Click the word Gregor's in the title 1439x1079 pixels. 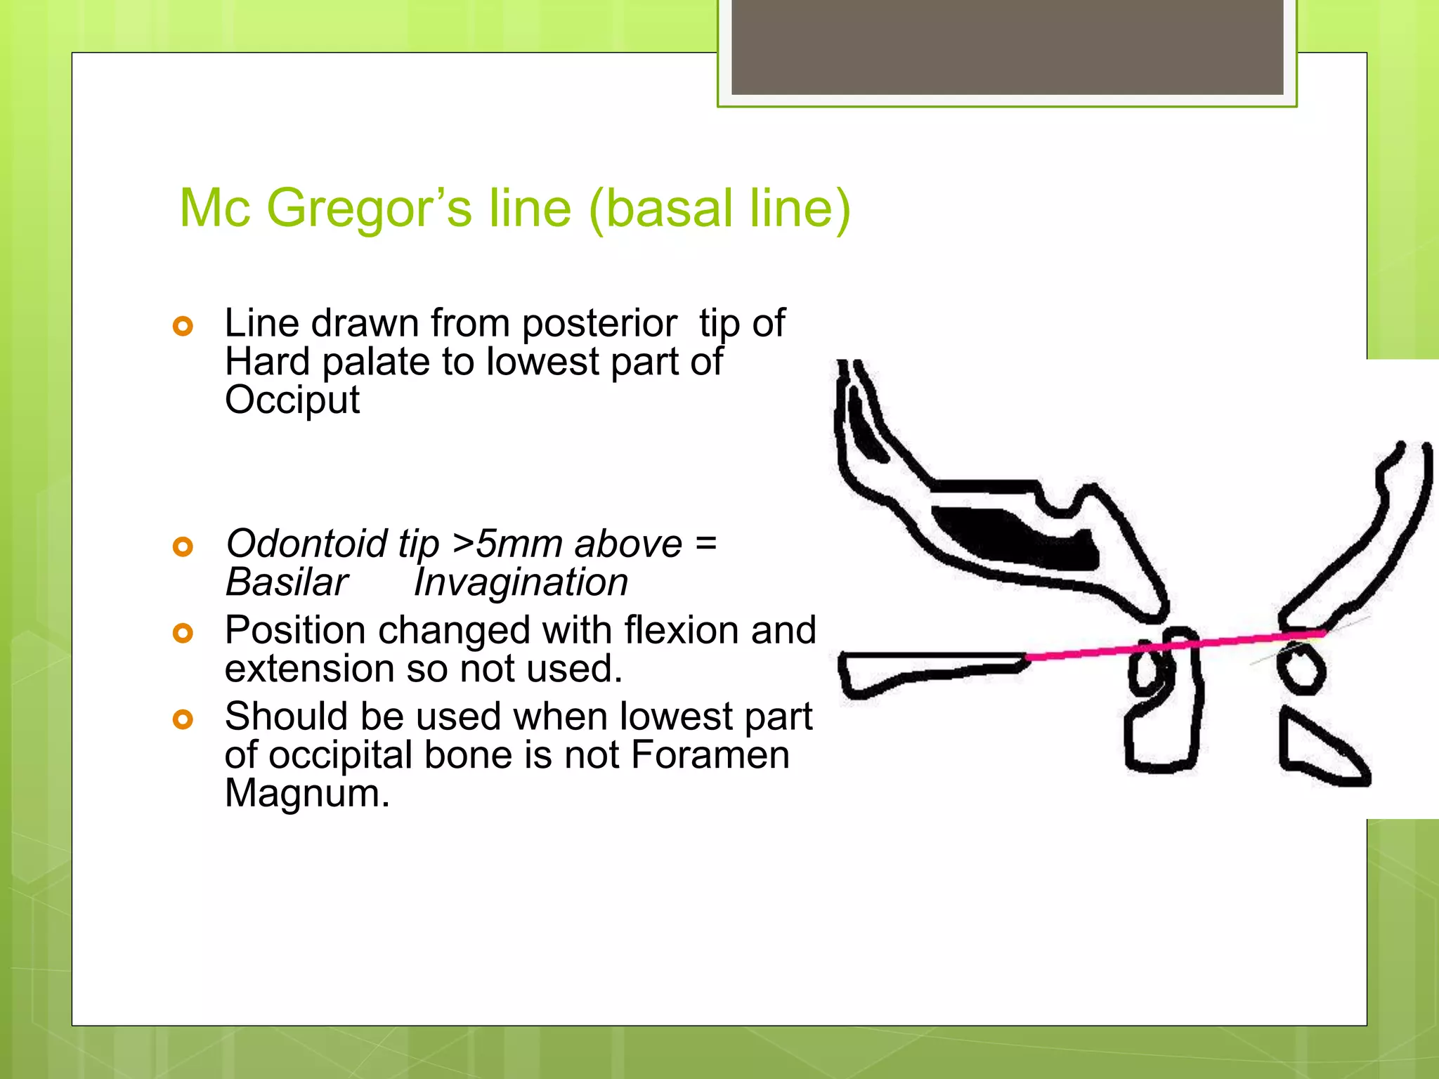point(370,209)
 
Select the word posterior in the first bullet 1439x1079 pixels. point(599,324)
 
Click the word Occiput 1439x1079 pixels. point(292,400)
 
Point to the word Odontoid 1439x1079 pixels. point(306,544)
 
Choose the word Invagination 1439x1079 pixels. point(521,582)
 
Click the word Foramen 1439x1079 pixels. point(710,756)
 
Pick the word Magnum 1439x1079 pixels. point(307,794)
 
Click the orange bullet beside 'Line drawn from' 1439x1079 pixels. point(183,326)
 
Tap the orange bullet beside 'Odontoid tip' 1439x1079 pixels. point(183,546)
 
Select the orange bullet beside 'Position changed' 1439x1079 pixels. point(183,633)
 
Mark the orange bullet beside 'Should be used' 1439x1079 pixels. point(183,719)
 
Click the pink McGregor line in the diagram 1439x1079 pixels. point(1173,646)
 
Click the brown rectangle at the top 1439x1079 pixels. point(1007,46)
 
